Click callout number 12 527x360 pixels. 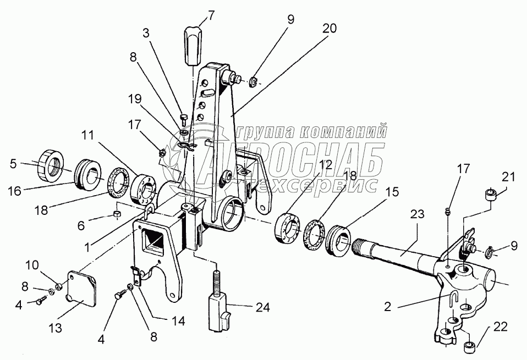pos(325,164)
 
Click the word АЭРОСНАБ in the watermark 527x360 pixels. pos(297,158)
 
